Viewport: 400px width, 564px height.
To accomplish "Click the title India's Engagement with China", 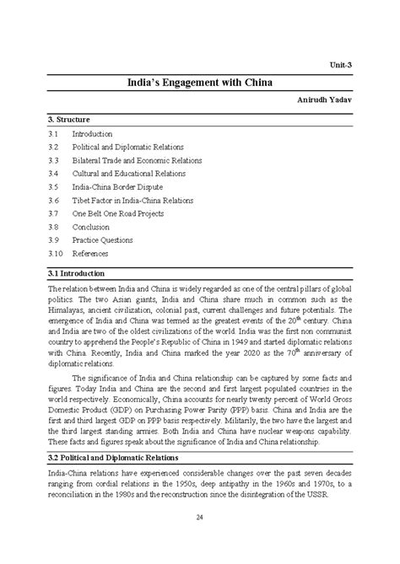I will [199, 83].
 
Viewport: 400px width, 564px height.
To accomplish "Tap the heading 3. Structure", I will [69, 120].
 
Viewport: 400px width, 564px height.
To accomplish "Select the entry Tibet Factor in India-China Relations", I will [132, 201].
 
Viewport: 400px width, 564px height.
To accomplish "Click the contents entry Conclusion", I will [90, 227].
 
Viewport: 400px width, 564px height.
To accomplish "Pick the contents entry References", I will [90, 254].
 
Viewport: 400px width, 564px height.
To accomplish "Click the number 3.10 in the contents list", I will [57, 254].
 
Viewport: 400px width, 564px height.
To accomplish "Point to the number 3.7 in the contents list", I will [54, 214].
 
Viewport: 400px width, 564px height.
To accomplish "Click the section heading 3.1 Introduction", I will [77, 274].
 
